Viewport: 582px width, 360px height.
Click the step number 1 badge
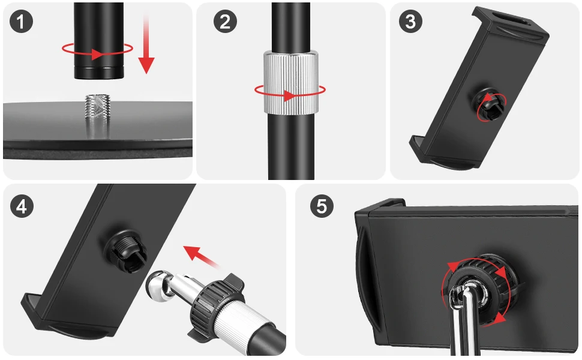coord(21,21)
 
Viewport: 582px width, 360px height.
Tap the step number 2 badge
coord(225,21)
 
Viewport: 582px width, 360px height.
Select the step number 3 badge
coord(410,21)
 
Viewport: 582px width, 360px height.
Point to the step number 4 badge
coord(22,206)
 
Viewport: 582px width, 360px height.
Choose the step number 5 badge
coord(322,206)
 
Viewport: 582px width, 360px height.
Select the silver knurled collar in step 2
coord(292,81)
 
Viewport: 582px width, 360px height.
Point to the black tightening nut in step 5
coord(482,286)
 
